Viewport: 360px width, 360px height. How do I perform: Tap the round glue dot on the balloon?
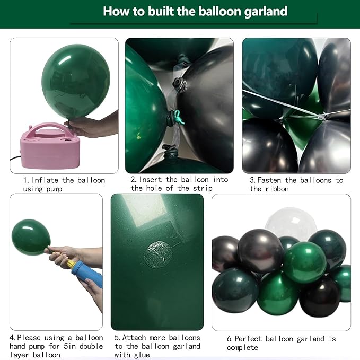click(157, 254)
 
